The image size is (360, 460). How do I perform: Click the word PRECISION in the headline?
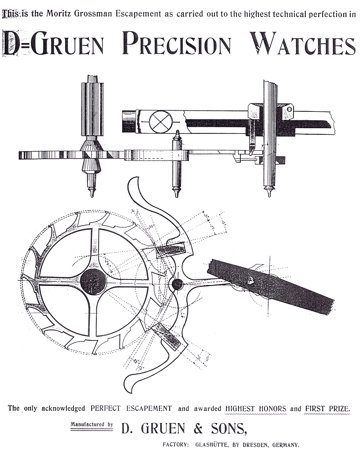coord(177,44)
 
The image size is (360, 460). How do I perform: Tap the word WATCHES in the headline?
coord(303,44)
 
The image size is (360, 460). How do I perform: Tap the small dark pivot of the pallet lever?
coord(178,284)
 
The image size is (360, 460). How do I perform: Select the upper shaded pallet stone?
coord(171,251)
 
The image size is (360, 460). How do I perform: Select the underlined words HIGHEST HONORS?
coord(256,409)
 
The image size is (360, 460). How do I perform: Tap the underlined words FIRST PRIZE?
coord(327,409)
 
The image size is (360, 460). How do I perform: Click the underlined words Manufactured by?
coord(92,425)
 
